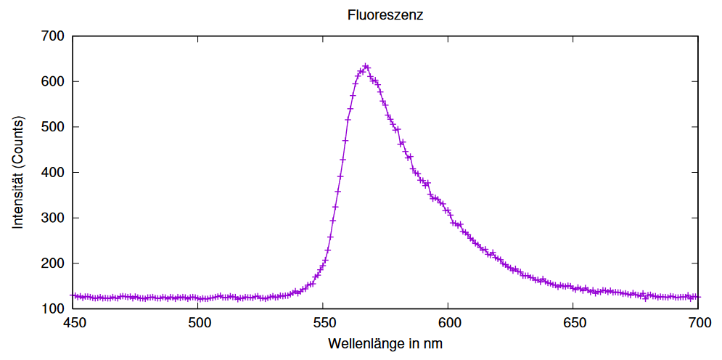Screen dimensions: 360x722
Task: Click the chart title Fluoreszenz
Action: coord(385,15)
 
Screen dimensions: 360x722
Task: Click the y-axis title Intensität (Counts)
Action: coord(18,171)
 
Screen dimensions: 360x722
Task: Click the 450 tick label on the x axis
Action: coord(73,322)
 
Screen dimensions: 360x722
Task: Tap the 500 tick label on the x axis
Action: coord(198,322)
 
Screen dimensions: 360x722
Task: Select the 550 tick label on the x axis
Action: coord(323,322)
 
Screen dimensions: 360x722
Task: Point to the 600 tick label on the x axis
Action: coord(448,322)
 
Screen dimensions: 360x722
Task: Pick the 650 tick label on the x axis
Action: coord(573,322)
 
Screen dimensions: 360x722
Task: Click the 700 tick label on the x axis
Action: coord(698,322)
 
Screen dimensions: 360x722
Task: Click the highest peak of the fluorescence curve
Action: coord(366,67)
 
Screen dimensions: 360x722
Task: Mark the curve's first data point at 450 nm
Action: coord(73,296)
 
